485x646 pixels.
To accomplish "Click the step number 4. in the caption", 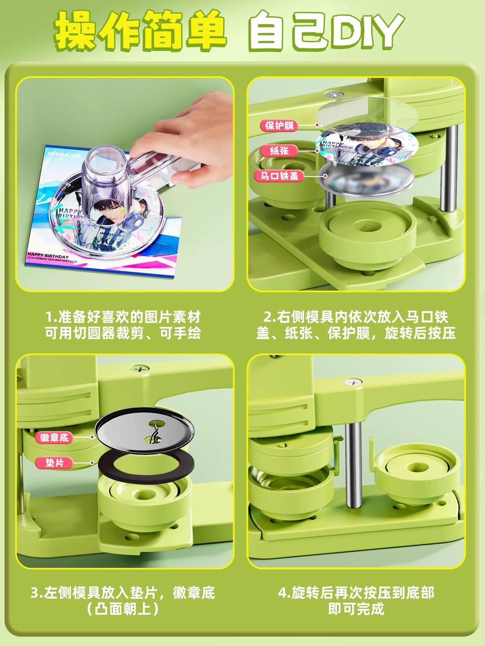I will coord(284,593).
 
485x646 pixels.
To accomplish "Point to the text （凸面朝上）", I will coord(123,609).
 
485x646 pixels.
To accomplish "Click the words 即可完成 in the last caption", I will coord(356,609).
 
